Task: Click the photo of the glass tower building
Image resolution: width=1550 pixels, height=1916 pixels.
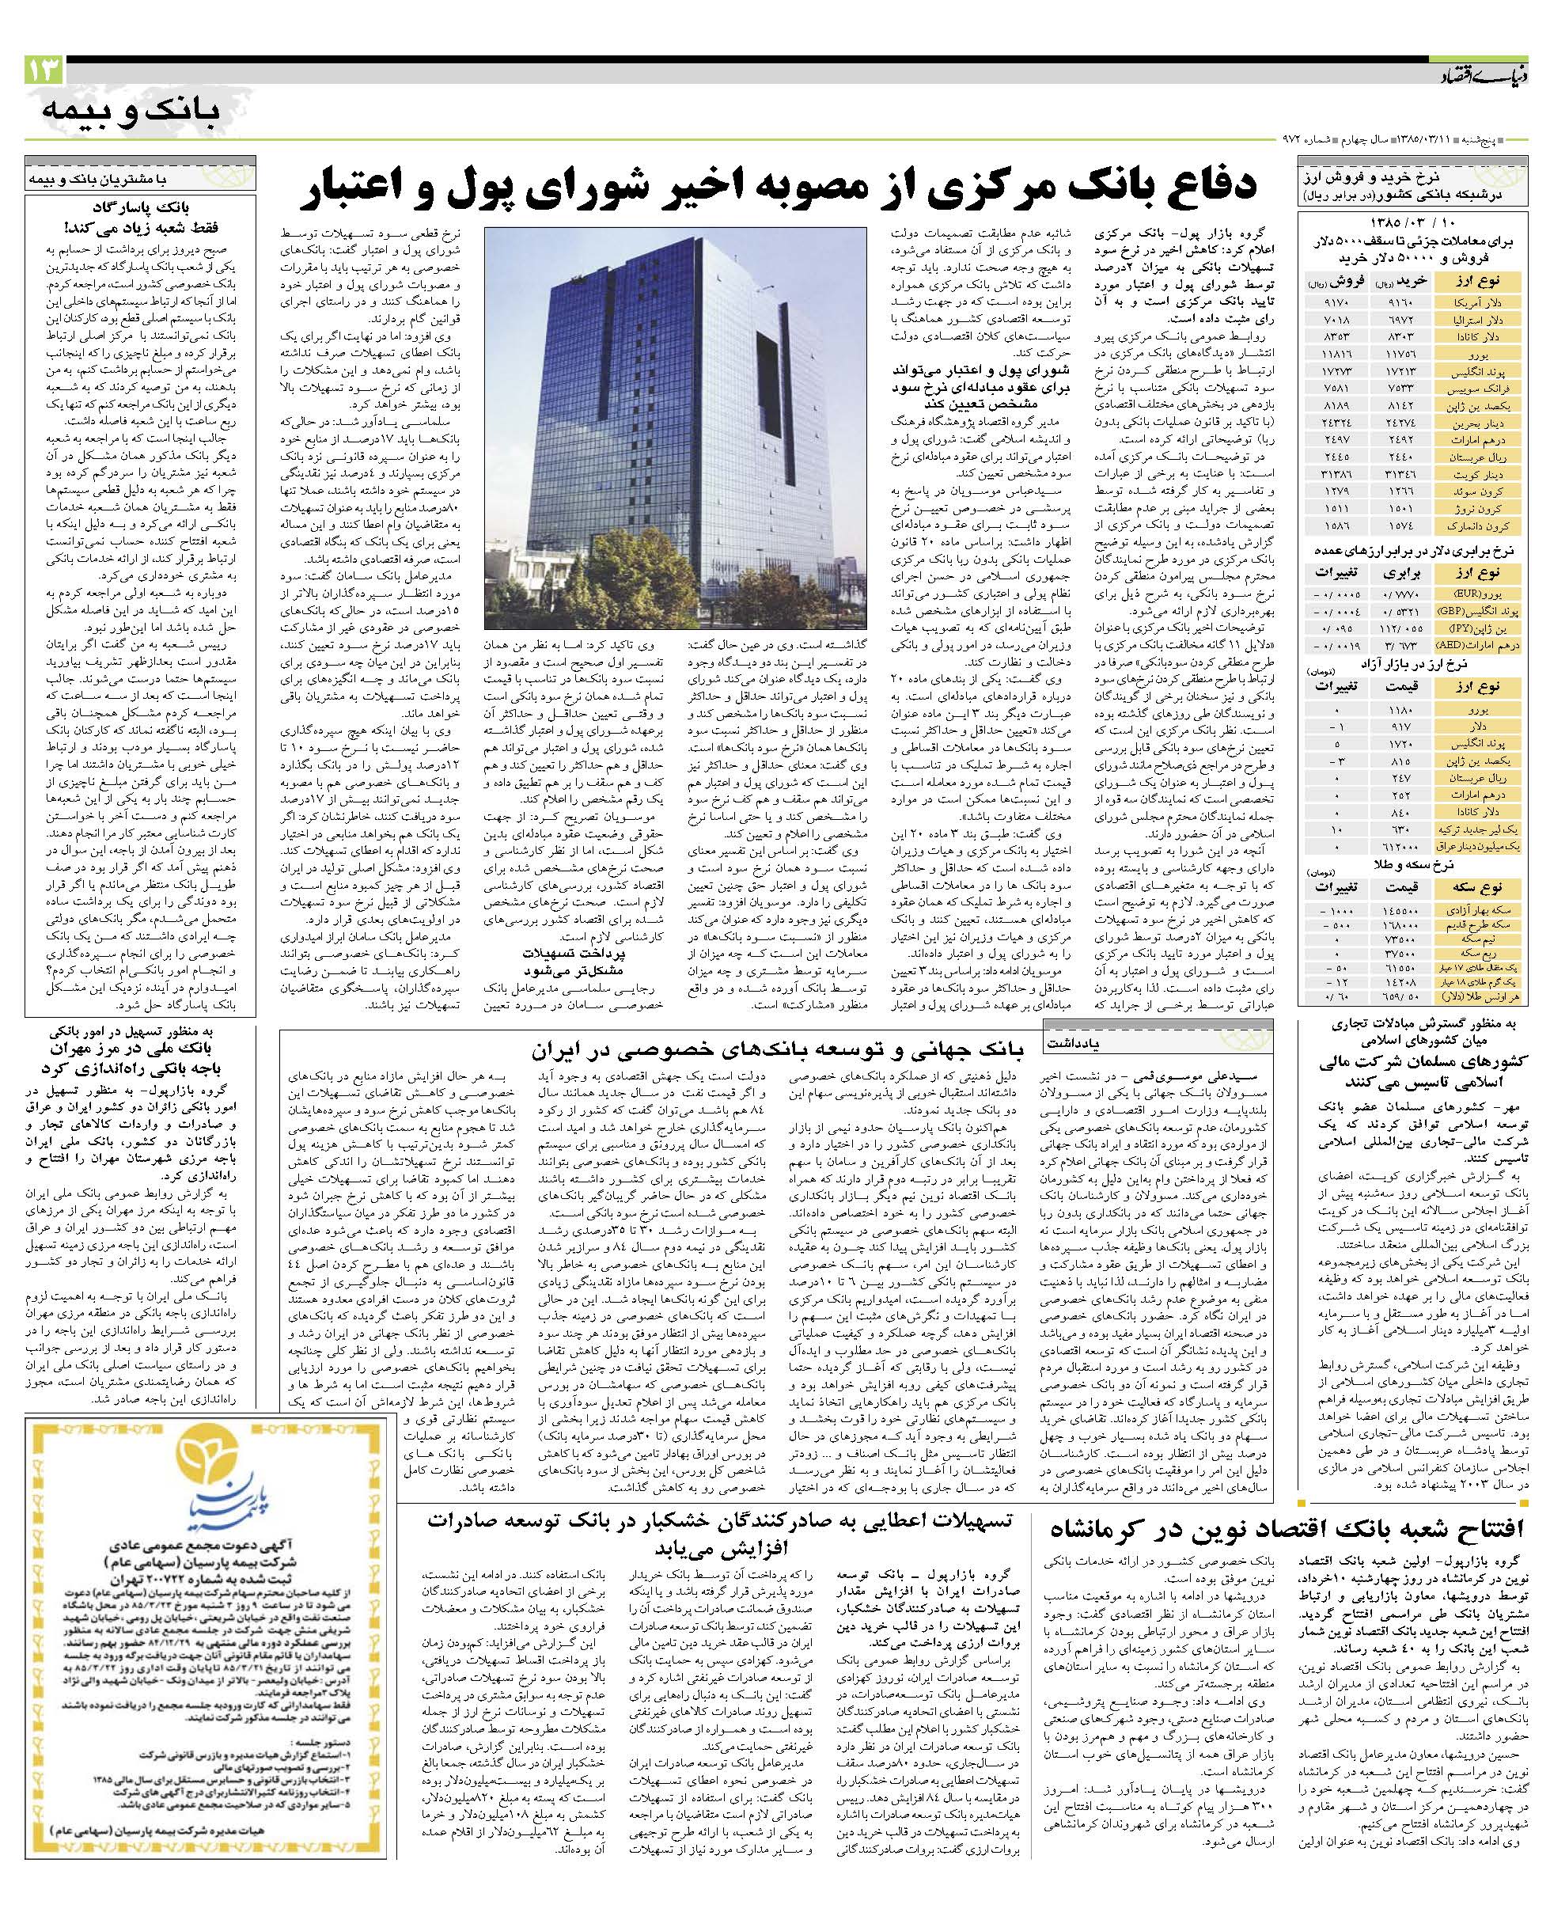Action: point(675,427)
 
